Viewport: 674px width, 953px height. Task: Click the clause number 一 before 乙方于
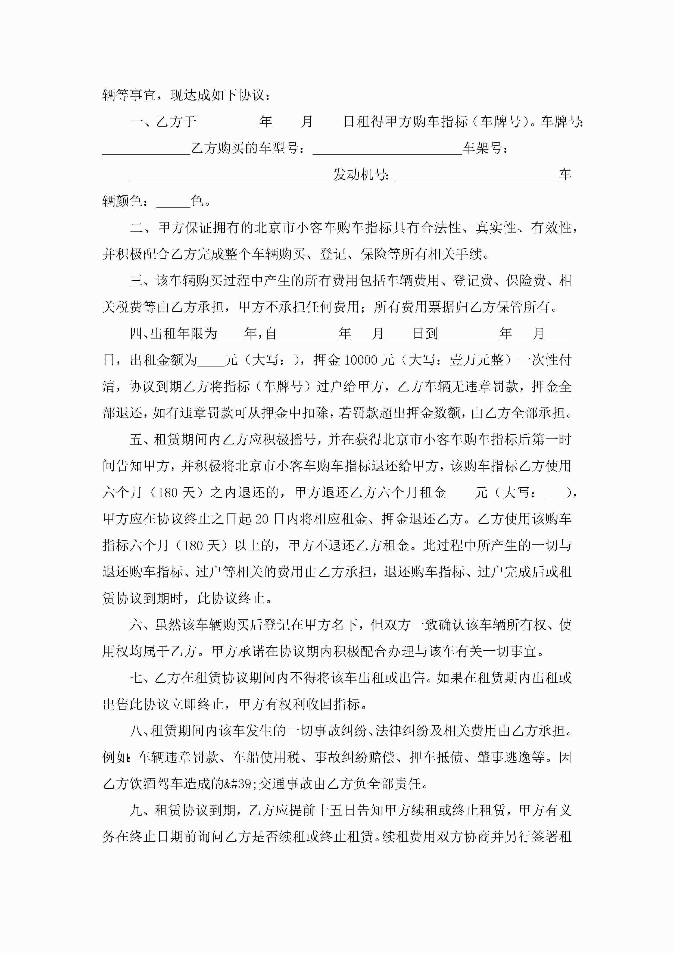tap(136, 122)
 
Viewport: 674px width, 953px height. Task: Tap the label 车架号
tap(482, 148)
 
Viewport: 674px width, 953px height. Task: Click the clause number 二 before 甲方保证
tap(136, 227)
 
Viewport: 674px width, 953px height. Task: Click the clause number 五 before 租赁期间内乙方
tap(136, 440)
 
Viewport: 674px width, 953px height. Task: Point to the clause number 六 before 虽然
tap(136, 625)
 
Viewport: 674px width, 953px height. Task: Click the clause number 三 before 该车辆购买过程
tap(136, 281)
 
